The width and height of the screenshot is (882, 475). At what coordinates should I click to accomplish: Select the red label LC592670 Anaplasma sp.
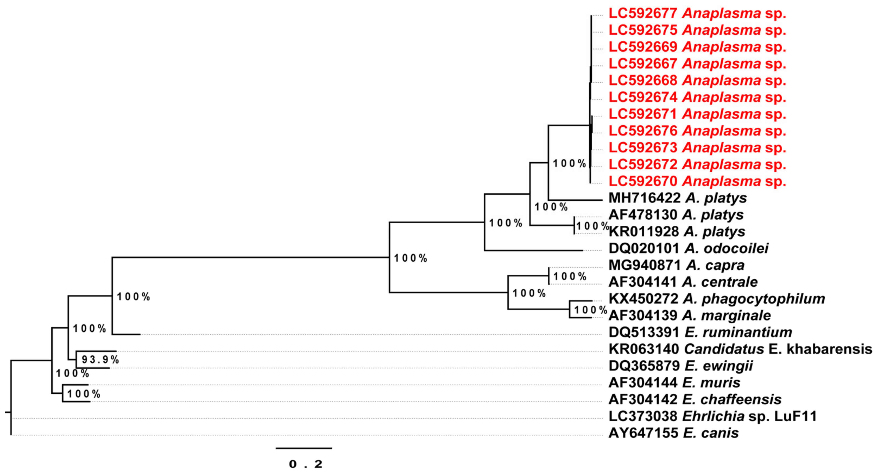(x=697, y=181)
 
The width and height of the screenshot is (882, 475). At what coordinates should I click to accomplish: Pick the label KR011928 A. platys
(x=677, y=231)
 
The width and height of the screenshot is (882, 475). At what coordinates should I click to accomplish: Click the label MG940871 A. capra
(x=676, y=265)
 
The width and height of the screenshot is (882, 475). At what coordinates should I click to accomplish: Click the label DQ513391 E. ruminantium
(x=700, y=332)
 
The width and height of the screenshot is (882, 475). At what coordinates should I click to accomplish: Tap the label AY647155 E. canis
(x=673, y=433)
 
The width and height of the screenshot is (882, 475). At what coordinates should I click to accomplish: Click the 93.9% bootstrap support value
(x=100, y=359)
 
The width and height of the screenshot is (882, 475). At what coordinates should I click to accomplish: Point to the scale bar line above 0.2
(x=304, y=448)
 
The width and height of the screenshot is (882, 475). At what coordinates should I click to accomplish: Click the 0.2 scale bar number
(x=305, y=464)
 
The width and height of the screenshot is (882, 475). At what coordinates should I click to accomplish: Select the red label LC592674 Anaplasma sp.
(x=697, y=98)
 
